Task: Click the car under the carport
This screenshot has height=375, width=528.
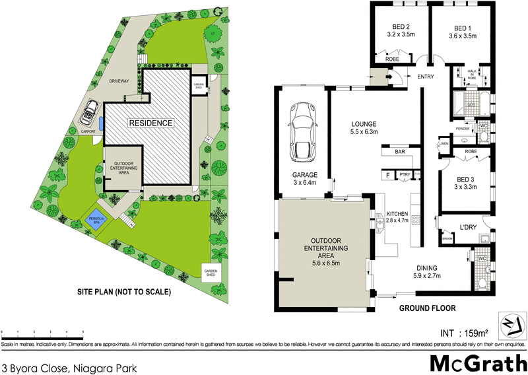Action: coord(88,116)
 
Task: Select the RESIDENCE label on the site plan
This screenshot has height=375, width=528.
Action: coord(150,123)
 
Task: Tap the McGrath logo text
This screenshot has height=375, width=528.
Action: coord(479,361)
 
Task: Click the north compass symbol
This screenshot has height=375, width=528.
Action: coord(512,324)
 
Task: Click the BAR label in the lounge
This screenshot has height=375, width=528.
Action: coord(399,152)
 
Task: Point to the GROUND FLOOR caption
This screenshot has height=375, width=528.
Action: coord(428,308)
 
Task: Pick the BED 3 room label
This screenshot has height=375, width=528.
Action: coord(466,179)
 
